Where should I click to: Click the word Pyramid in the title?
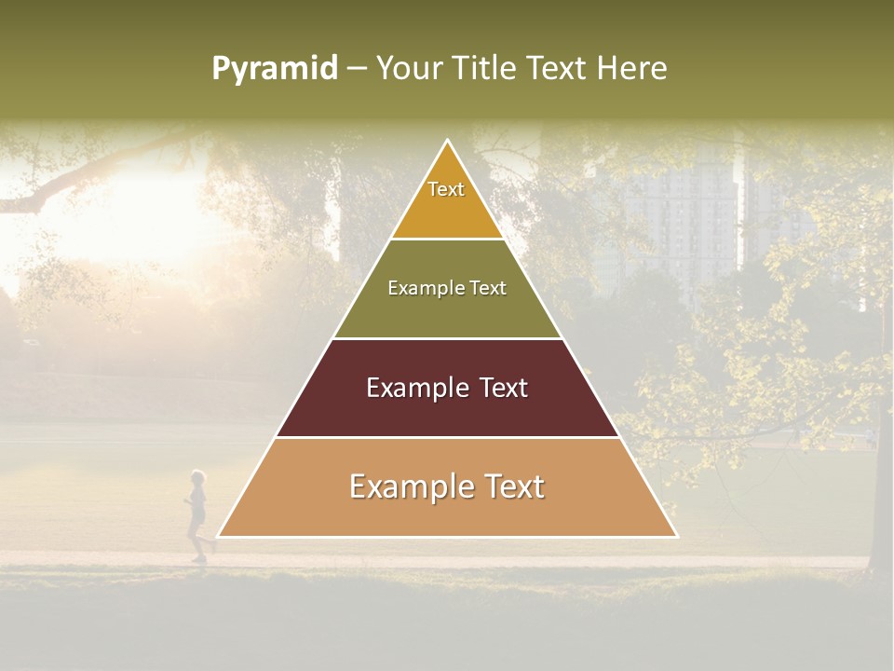pos(274,69)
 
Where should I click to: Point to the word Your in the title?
pos(408,68)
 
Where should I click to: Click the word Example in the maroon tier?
pos(415,388)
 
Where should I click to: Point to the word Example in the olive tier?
pos(425,288)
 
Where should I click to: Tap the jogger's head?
pos(197,477)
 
